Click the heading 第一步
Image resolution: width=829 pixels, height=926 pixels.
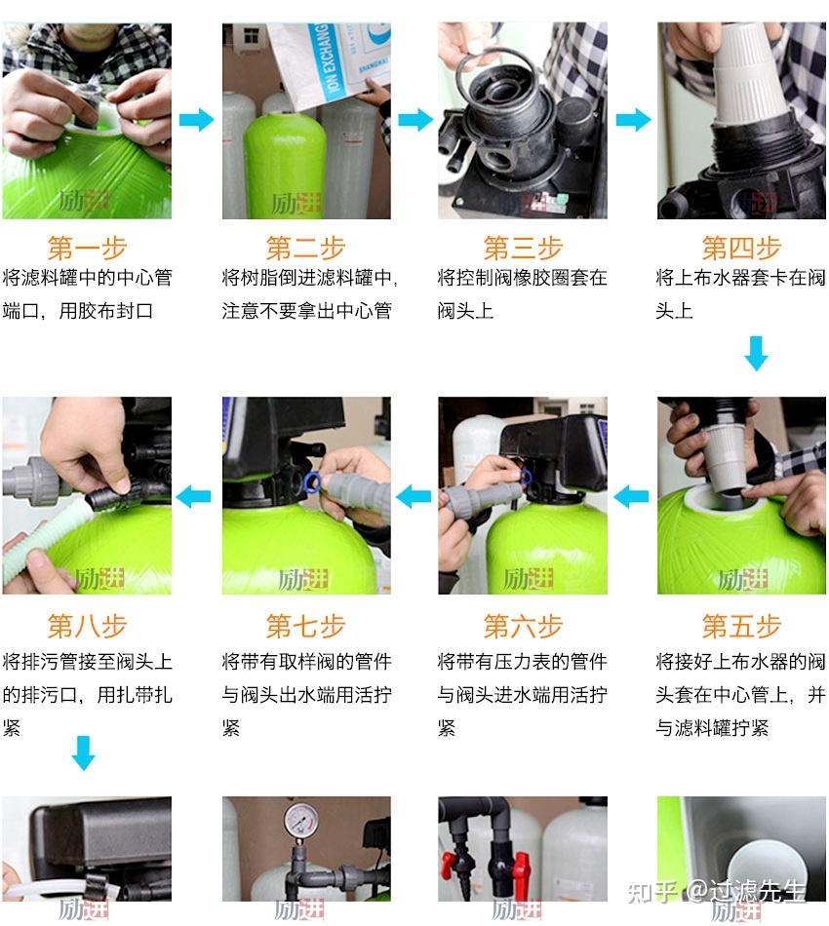87,247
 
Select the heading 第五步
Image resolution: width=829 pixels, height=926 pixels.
741,625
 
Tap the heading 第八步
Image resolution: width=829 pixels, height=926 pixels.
87,625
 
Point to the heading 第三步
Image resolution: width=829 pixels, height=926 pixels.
523,247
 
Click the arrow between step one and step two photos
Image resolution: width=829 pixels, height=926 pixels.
196,120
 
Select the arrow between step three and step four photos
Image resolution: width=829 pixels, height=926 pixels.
633,120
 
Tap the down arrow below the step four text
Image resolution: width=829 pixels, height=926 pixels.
756,353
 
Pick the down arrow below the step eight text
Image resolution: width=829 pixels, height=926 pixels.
84,752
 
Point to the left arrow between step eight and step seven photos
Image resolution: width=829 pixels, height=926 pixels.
195,496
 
